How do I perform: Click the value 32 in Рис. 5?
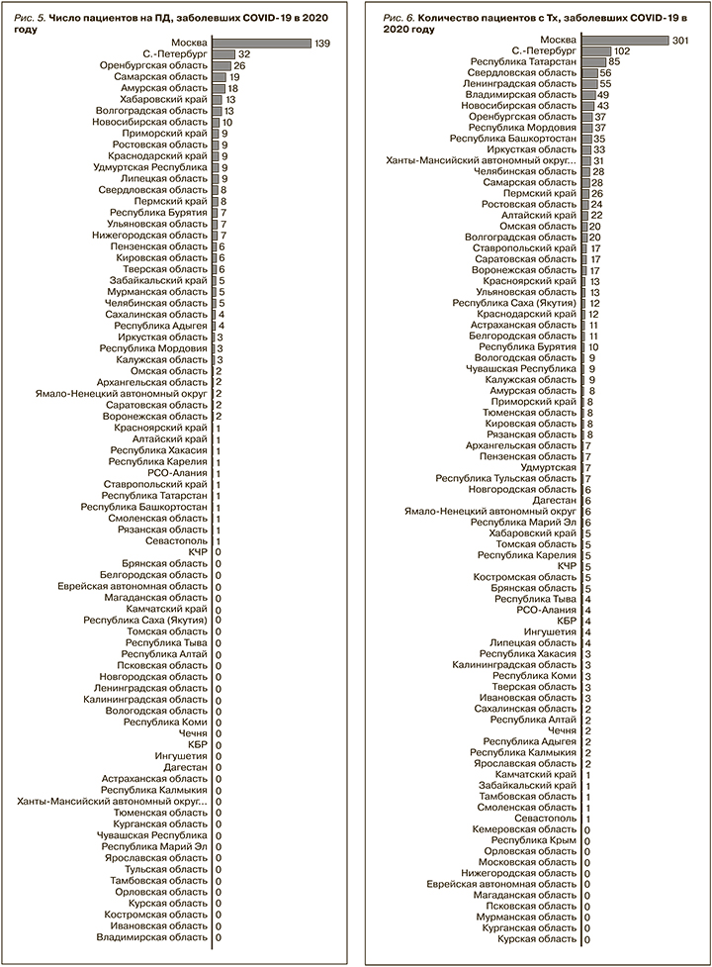click(243, 54)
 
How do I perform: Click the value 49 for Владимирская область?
click(603, 96)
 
